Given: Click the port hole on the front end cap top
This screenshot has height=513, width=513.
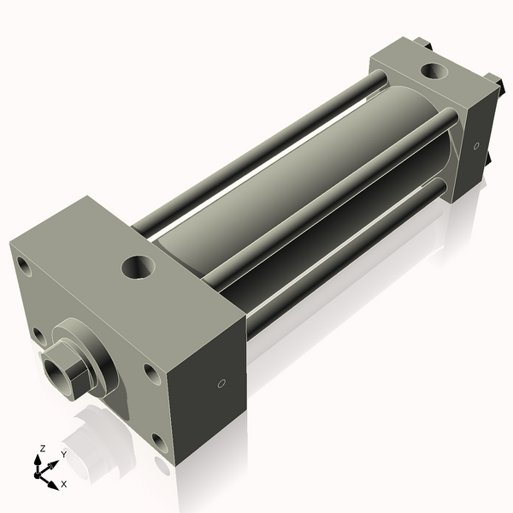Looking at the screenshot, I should tap(139, 267).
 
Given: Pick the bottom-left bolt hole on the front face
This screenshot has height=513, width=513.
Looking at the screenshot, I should tap(38, 335).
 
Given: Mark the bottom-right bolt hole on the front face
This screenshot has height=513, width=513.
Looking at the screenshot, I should tap(159, 441).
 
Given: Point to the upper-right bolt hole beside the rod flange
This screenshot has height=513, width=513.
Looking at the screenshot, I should tap(150, 373).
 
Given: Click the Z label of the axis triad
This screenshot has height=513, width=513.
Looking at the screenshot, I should tap(41, 448).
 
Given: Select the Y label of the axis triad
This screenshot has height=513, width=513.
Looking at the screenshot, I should tap(63, 454).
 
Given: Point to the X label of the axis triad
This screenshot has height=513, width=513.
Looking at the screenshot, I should tap(63, 483).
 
